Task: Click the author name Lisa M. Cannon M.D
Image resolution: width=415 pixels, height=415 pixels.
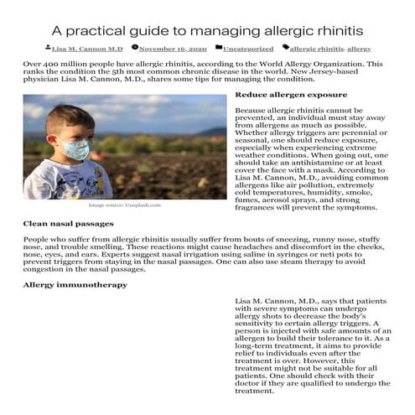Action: tap(86, 49)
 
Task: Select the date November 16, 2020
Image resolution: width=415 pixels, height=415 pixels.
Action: tap(173, 49)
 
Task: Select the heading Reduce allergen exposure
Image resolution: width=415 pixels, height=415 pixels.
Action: tap(284, 95)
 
